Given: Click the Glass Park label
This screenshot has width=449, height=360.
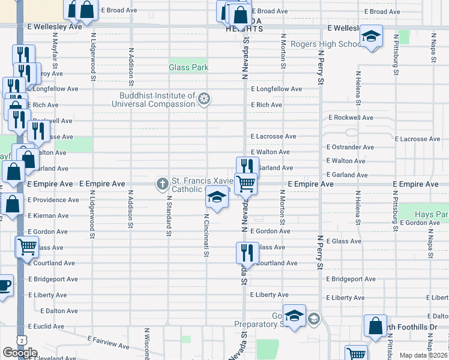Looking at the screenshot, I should click(x=188, y=68).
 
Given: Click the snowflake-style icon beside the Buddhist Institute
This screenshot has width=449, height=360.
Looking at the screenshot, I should click(x=205, y=98).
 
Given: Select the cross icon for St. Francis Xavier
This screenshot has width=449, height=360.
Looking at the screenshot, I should click(x=162, y=184).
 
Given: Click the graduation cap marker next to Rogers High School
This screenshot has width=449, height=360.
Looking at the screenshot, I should click(x=371, y=37).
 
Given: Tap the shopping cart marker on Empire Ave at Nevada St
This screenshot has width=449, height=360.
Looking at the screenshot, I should click(x=246, y=184).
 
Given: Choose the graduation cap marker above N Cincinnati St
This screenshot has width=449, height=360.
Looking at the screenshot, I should click(x=217, y=197).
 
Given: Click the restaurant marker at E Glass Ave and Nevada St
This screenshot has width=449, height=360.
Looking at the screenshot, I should click(x=246, y=251).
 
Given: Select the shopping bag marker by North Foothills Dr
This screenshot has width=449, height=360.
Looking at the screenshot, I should click(x=375, y=326).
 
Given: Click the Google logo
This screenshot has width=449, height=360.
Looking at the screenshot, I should click(x=20, y=352).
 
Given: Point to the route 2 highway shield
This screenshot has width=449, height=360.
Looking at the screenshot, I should click(x=22, y=340).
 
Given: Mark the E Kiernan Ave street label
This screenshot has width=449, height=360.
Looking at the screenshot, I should click(x=48, y=215).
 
